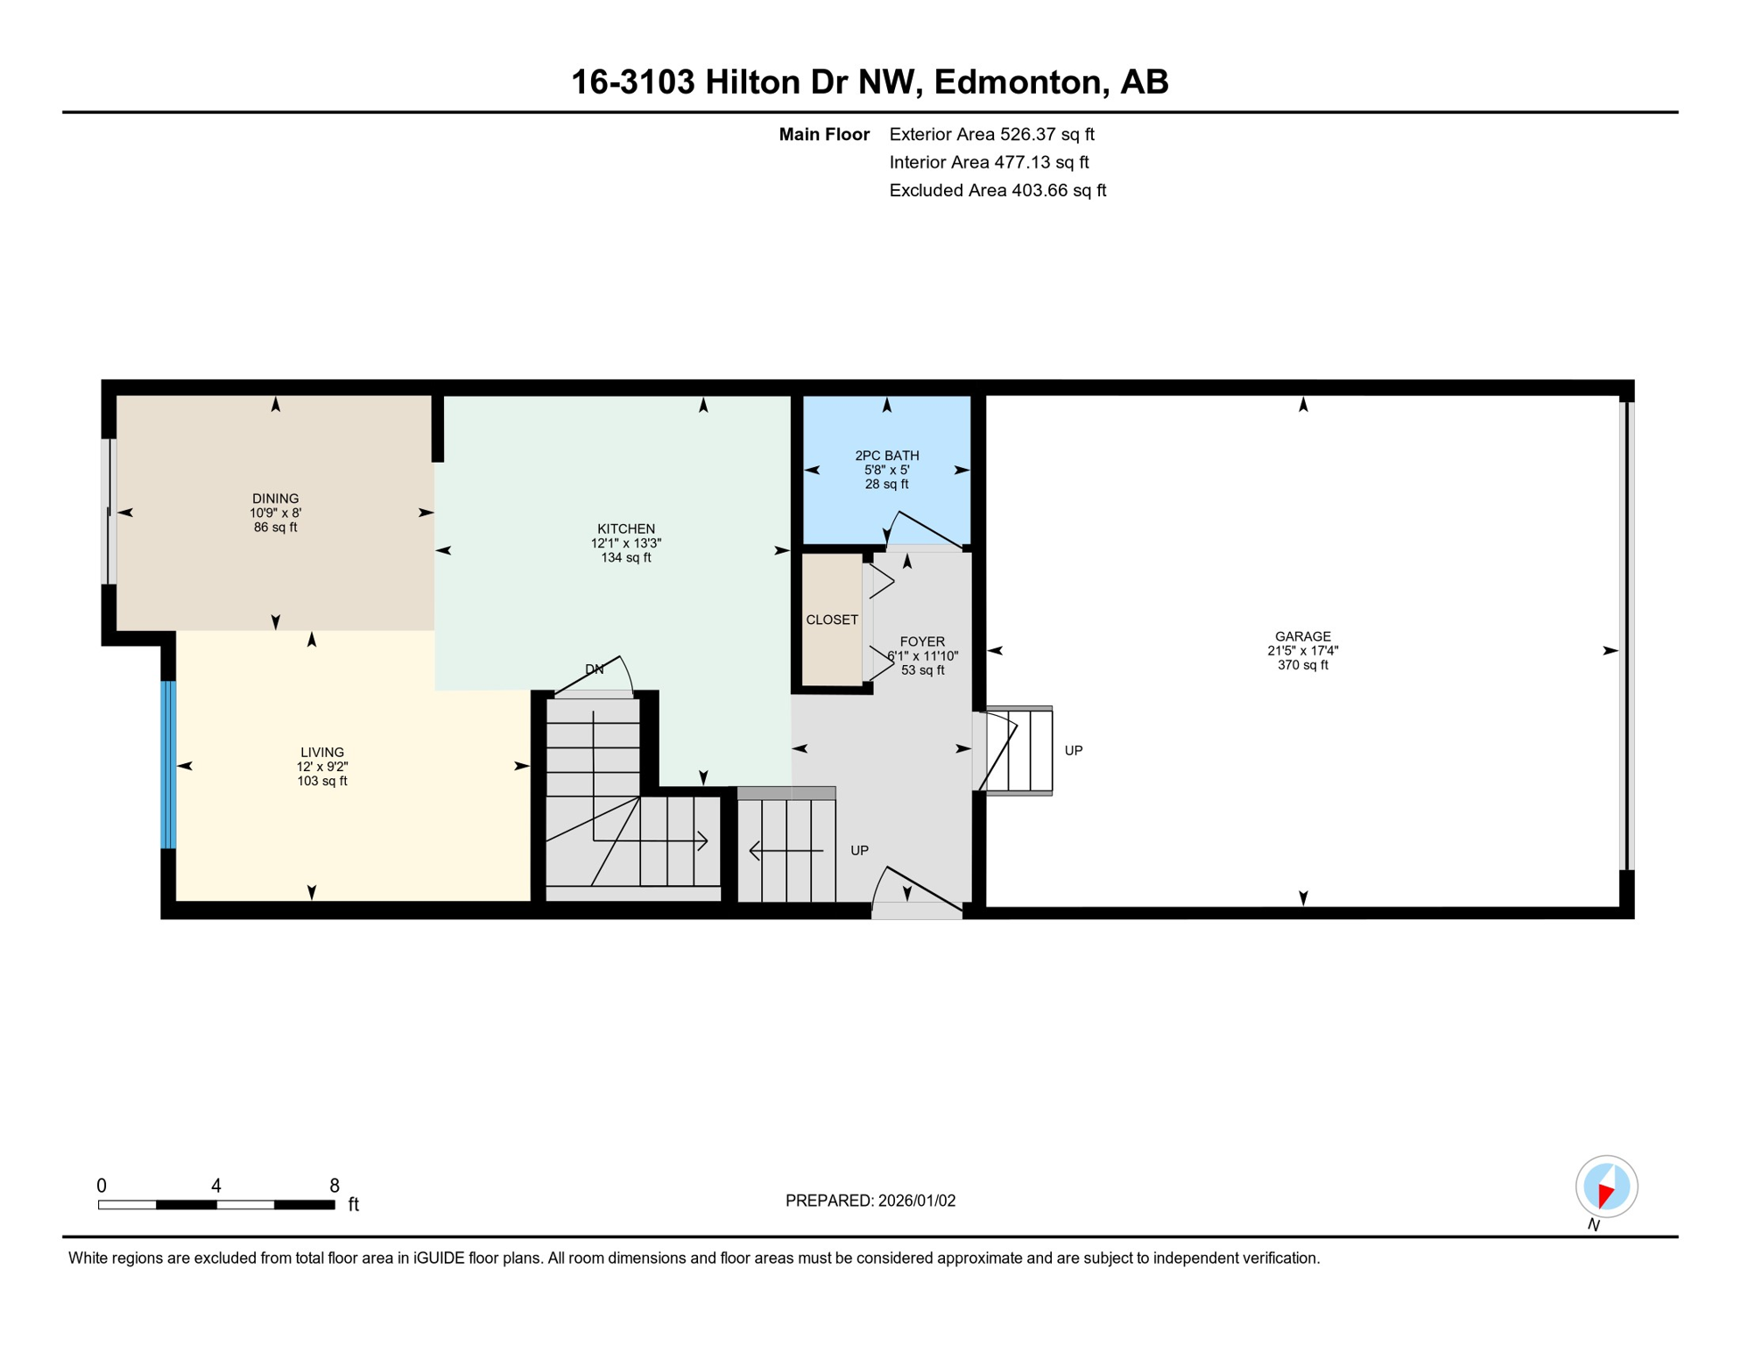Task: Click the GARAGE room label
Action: [x=1302, y=636]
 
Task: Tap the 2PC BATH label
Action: [x=886, y=455]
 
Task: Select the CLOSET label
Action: [x=831, y=620]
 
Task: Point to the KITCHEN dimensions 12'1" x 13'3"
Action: [x=625, y=543]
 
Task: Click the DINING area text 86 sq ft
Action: [x=275, y=528]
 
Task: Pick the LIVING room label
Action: [x=321, y=752]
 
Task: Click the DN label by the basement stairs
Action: [x=594, y=669]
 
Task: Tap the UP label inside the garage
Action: [x=1073, y=750]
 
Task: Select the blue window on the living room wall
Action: [x=168, y=765]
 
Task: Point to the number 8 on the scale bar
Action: [x=334, y=1186]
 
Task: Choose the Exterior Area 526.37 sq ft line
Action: [x=991, y=134]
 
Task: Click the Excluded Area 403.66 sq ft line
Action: [x=997, y=190]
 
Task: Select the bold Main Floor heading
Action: [x=823, y=134]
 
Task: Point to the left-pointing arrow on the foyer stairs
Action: [x=786, y=850]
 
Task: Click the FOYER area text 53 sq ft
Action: [x=922, y=670]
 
